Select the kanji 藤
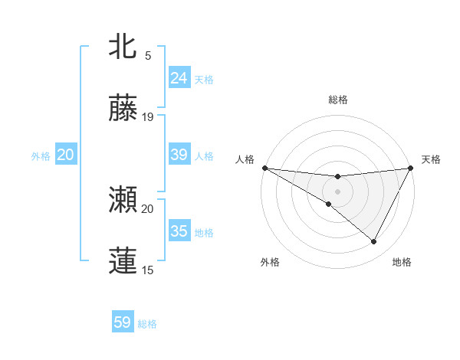click(123, 109)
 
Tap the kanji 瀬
click(123, 201)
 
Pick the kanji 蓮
click(123, 261)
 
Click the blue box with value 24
click(179, 77)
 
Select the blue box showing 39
click(179, 155)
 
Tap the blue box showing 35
click(179, 231)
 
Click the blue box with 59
click(123, 322)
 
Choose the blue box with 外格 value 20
click(65, 155)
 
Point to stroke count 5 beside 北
click(148, 56)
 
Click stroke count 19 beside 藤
click(148, 117)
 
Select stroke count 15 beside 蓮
click(148, 270)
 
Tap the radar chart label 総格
click(337, 100)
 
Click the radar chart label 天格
click(431, 159)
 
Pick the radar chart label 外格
click(269, 262)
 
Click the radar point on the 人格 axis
click(264, 168)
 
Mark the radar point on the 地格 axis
click(374, 242)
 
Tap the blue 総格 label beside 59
click(147, 323)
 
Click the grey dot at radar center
click(337, 191)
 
